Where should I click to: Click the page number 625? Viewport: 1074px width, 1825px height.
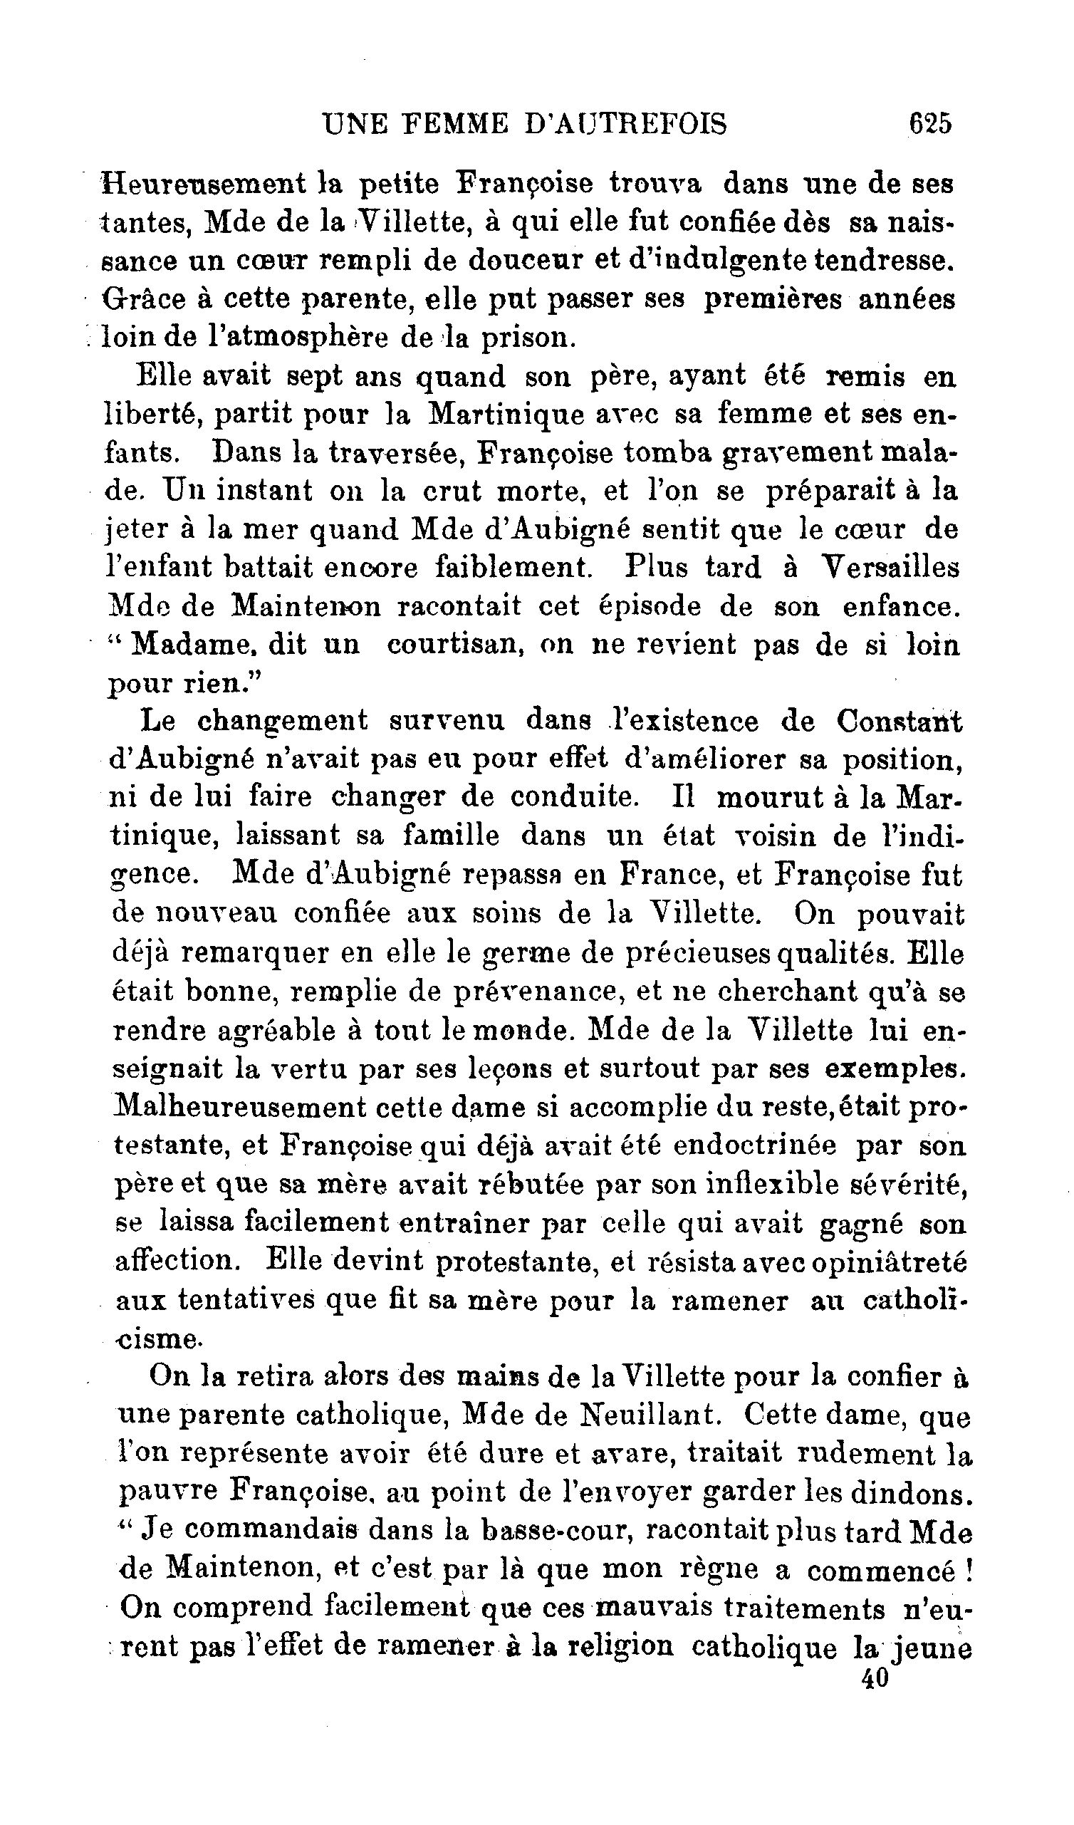pyautogui.click(x=930, y=124)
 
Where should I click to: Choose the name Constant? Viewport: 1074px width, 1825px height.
pyautogui.click(x=899, y=722)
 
